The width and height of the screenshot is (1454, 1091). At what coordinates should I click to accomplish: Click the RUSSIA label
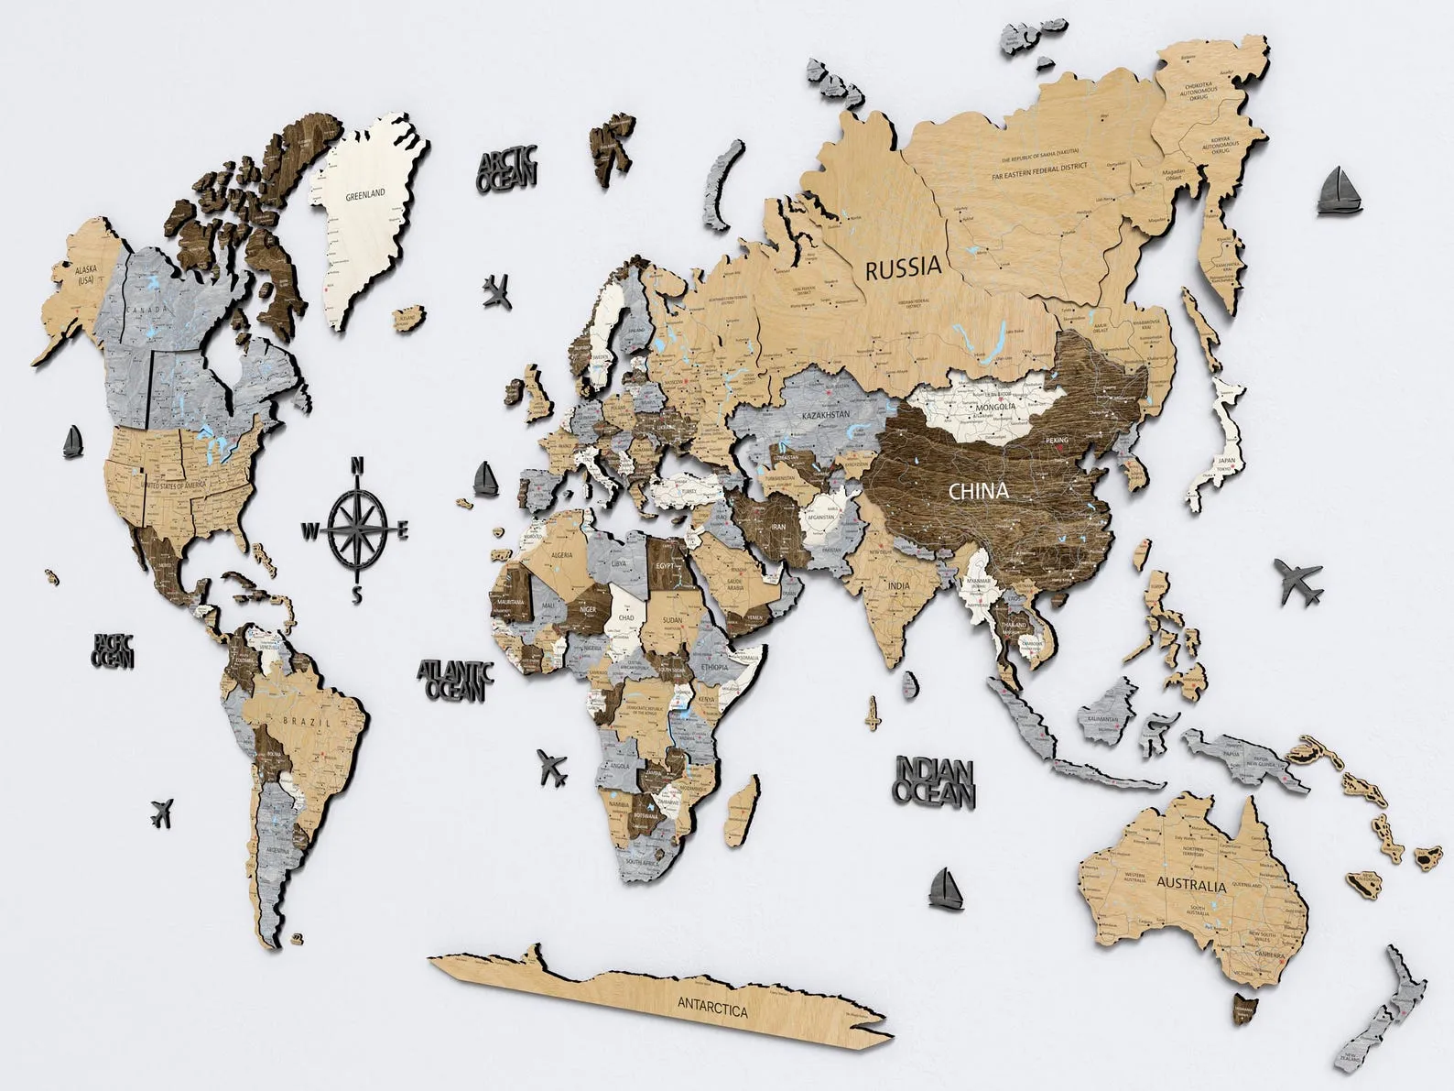point(903,267)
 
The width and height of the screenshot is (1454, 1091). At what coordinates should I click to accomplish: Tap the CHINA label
point(978,491)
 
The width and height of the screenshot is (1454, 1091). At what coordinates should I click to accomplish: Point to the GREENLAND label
point(364,195)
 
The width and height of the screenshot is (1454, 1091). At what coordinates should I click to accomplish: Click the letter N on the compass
point(359,464)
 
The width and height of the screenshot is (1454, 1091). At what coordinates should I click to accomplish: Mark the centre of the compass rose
point(358,529)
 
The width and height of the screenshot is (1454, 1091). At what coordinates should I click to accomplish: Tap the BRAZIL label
point(300,721)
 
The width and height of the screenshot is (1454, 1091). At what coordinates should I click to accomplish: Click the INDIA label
point(897,584)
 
